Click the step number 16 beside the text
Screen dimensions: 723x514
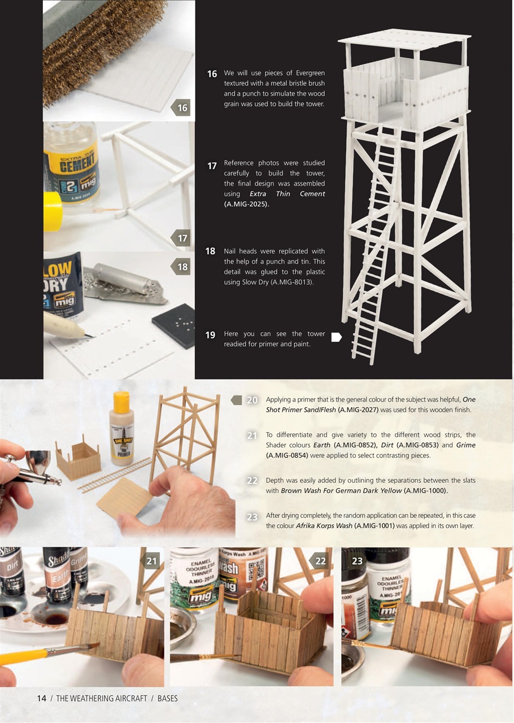click(x=212, y=74)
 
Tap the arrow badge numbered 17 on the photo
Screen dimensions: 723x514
click(x=181, y=238)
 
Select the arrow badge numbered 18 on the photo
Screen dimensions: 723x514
click(x=181, y=267)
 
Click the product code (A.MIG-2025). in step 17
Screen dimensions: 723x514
click(x=246, y=204)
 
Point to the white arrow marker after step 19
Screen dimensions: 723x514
click(x=336, y=337)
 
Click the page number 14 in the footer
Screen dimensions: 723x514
click(x=42, y=698)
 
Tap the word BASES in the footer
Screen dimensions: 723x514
click(x=167, y=698)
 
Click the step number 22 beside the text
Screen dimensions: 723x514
click(x=252, y=481)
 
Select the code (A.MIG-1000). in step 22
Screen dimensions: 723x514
click(x=426, y=491)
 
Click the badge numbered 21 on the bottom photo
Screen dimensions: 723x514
click(x=151, y=561)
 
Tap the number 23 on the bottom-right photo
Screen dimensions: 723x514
click(x=357, y=561)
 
